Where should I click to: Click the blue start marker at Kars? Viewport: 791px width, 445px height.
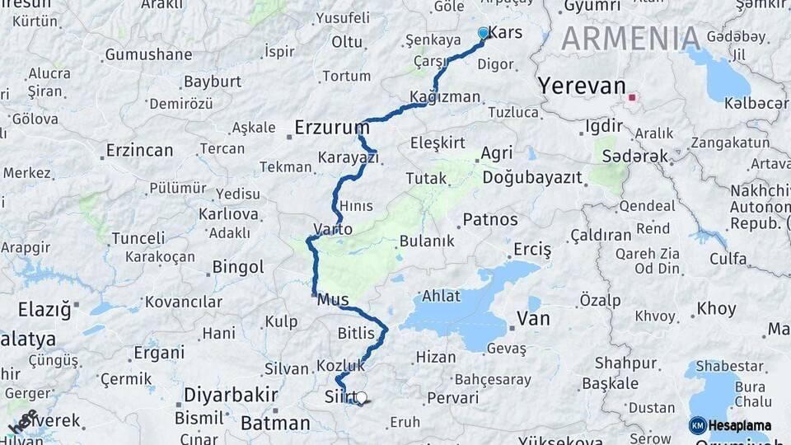(483, 33)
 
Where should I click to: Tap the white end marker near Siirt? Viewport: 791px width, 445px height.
(361, 398)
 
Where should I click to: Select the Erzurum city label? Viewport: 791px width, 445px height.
(332, 128)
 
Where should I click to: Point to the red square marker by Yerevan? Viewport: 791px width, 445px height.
(632, 97)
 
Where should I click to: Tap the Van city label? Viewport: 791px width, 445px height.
(532, 318)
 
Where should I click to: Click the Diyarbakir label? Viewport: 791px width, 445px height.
(230, 395)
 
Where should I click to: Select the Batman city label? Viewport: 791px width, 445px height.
(275, 424)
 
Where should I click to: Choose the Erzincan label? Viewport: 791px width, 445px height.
(139, 151)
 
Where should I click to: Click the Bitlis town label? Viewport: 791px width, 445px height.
(356, 333)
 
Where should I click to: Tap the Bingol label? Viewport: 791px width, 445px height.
(238, 267)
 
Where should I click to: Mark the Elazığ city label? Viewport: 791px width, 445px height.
(44, 310)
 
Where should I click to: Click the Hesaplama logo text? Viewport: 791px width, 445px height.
(739, 425)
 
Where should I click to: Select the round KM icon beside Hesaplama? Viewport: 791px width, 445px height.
(697, 425)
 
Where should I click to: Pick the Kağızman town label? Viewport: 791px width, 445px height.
(445, 97)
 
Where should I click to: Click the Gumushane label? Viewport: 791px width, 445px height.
(148, 55)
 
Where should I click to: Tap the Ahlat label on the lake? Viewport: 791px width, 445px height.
(441, 297)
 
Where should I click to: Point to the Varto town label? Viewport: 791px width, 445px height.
(333, 229)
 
